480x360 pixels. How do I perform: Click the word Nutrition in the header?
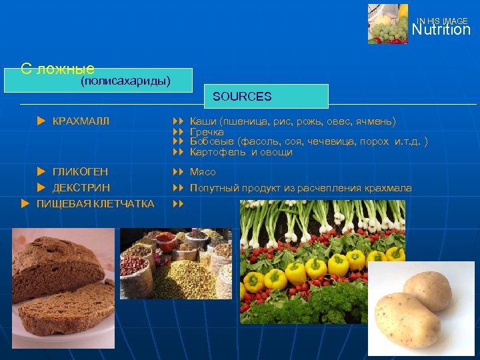point(441,30)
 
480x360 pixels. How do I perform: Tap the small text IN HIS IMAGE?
point(443,21)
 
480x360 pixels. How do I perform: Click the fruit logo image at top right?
point(387,24)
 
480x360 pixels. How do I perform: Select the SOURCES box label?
point(242,97)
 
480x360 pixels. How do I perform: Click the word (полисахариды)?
point(125,81)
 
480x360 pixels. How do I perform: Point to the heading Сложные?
point(57,68)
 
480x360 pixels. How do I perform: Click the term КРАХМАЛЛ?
point(81,121)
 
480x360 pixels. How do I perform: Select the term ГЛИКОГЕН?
point(80,172)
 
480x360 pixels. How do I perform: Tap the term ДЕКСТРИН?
point(81,188)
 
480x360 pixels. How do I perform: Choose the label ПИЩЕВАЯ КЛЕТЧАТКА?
point(95,203)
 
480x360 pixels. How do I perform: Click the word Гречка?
point(207,132)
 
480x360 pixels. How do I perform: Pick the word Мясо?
point(203,172)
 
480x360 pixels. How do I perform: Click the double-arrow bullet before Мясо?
point(177,172)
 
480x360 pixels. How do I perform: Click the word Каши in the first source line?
point(203,121)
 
